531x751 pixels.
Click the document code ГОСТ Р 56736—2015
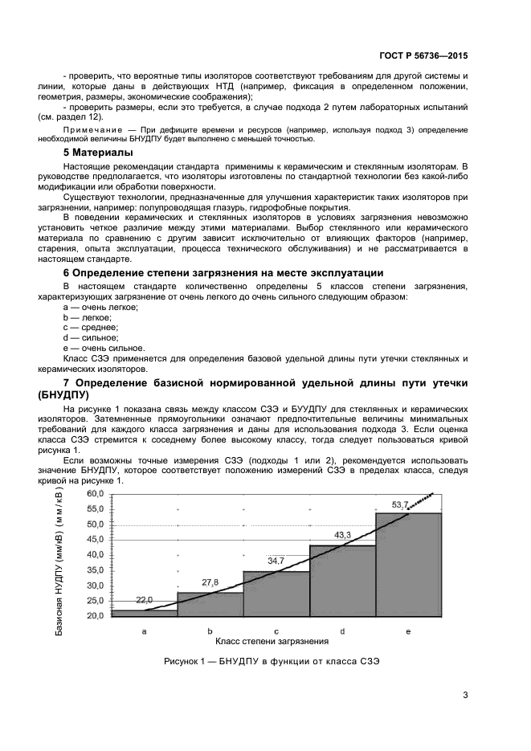click(423, 56)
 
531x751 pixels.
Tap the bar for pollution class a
click(144, 614)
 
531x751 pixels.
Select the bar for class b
click(210, 605)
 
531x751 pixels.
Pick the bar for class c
click(276, 594)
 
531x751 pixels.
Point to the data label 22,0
click(145, 600)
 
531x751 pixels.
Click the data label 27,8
click(210, 582)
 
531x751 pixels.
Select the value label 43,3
click(342, 534)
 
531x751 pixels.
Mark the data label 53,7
click(399, 504)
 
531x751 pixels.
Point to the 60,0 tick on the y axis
click(95, 493)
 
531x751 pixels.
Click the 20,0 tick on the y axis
click(95, 616)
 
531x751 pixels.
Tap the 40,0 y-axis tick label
click(95, 555)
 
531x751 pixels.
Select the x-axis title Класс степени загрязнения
click(272, 642)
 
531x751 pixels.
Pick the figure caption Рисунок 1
click(271, 662)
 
